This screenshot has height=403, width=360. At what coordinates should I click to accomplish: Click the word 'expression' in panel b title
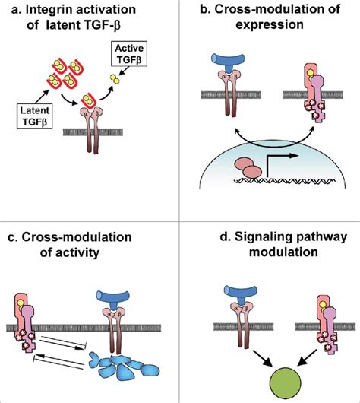click(x=267, y=25)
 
